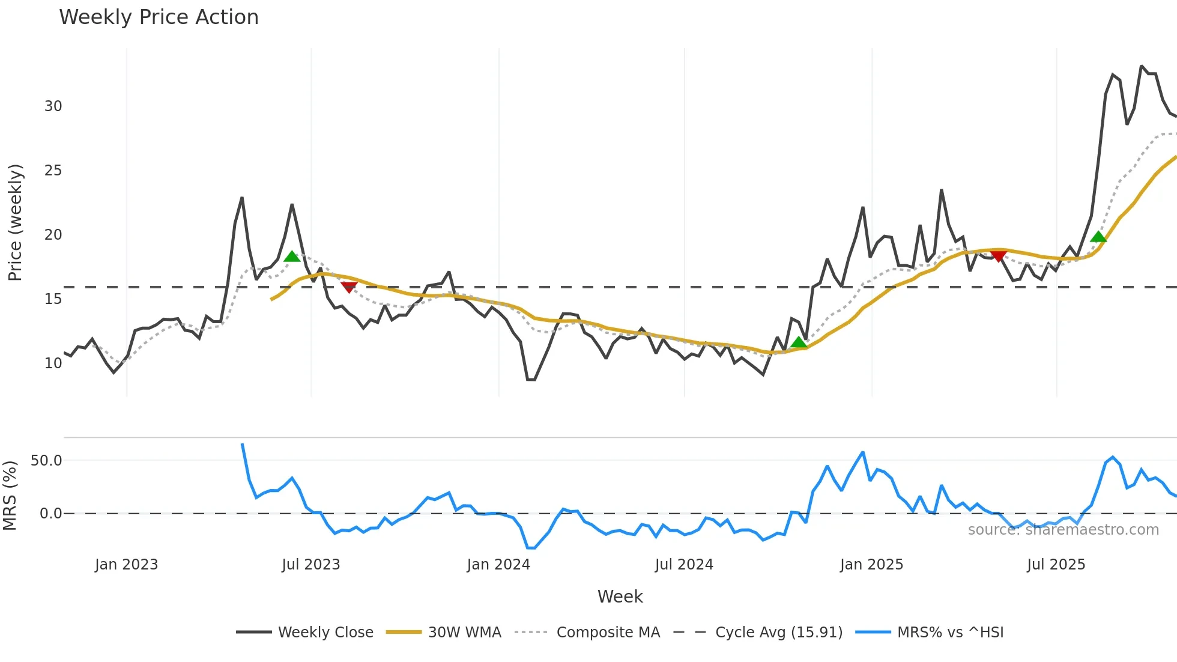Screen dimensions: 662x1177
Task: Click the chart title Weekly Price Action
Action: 159,17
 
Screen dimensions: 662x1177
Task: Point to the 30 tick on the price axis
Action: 53,106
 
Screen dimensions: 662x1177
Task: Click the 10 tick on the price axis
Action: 53,363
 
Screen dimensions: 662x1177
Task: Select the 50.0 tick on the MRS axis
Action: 46,461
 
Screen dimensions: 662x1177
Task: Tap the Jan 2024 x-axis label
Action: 498,565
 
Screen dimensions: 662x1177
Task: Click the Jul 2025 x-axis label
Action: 1056,565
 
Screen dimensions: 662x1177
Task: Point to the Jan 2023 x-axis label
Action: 126,565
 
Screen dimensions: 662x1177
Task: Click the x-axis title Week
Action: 620,597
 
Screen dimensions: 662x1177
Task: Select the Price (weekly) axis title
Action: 15,222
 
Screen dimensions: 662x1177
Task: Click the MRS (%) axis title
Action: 10,496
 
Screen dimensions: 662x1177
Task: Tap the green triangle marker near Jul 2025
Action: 1098,237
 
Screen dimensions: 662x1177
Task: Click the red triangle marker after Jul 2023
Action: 349,287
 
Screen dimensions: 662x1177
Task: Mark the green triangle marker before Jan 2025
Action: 798,342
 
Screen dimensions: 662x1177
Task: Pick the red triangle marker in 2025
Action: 998,257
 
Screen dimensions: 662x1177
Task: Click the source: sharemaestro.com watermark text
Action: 1063,530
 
